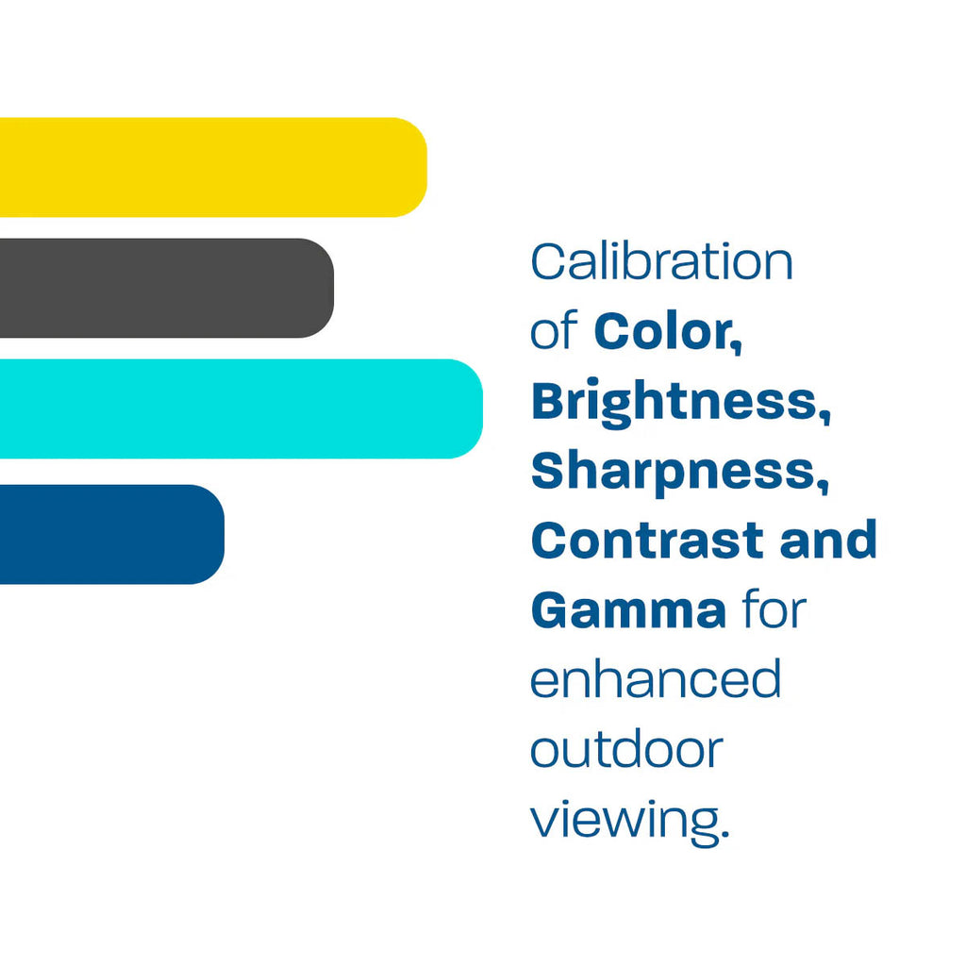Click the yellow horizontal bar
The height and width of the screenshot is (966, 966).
point(208,167)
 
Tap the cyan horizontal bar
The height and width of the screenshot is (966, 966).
point(236,408)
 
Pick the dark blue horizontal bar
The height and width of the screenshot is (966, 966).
point(108,534)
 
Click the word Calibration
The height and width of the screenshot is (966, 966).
point(661,262)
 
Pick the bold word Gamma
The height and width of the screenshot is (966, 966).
point(628,610)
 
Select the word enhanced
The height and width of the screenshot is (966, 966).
point(656,679)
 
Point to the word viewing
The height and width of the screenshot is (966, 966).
point(627,819)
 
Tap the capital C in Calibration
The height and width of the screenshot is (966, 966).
point(546,262)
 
